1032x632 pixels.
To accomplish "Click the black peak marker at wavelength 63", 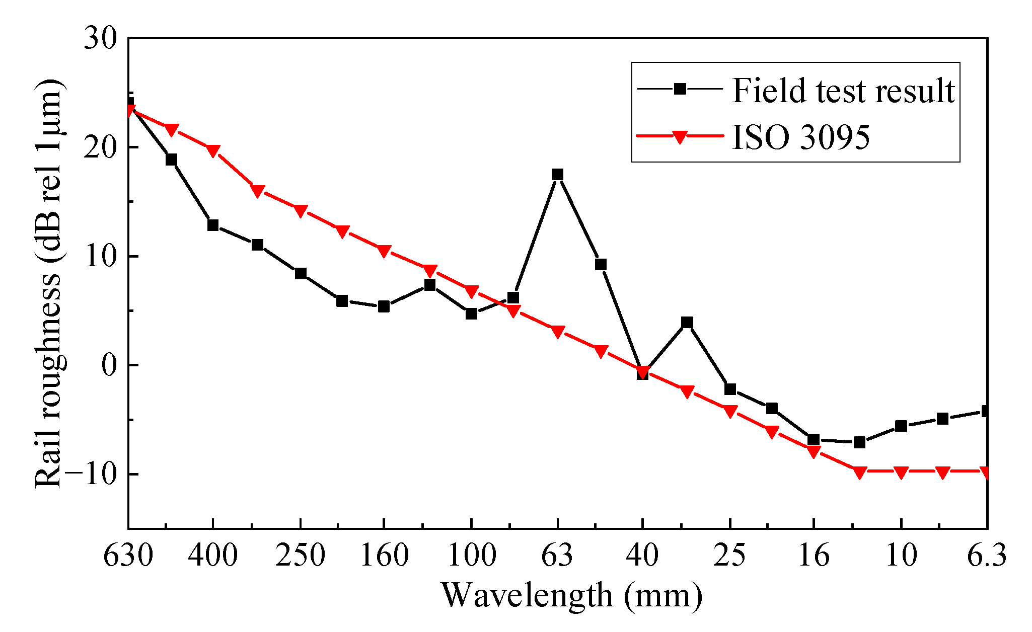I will tap(557, 175).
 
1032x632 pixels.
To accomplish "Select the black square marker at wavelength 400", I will tap(213, 225).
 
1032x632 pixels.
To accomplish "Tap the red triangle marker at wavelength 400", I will tap(213, 151).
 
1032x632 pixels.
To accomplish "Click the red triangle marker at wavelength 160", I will tap(384, 251).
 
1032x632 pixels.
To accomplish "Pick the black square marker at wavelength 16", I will tap(814, 440).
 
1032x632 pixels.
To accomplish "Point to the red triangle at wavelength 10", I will tap(901, 472).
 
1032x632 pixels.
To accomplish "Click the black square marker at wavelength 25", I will tap(730, 389).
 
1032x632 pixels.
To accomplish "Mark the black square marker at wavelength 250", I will tap(301, 274).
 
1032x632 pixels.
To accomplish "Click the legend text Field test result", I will tap(843, 91).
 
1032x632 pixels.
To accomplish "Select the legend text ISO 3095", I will tap(800, 137).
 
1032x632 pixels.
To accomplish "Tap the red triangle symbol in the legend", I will tap(680, 137).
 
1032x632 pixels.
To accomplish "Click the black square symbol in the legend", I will tap(680, 90).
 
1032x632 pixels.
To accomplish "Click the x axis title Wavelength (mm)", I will tap(572, 596).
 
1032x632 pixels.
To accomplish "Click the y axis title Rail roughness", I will tap(49, 284).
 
